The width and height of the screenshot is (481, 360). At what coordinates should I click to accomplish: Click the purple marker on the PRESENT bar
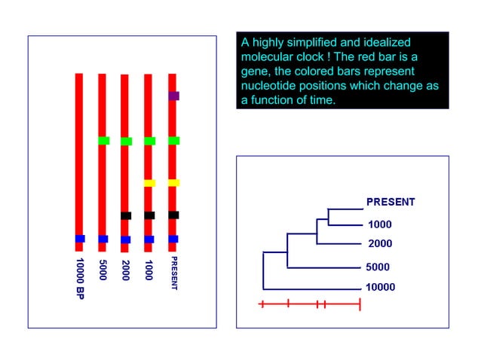[x=173, y=96]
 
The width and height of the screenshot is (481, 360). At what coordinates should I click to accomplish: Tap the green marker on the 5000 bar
[x=103, y=141]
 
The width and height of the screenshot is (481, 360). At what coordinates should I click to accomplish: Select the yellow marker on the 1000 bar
[x=149, y=183]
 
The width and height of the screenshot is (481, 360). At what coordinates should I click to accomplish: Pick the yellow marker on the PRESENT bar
[x=173, y=183]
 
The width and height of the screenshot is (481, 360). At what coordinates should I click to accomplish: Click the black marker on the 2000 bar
[x=126, y=215]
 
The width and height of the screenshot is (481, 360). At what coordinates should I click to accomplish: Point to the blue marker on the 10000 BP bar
[x=80, y=239]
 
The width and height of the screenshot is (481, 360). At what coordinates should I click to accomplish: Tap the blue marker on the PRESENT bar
[x=173, y=239]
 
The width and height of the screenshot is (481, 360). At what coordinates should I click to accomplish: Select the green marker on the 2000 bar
[x=126, y=142]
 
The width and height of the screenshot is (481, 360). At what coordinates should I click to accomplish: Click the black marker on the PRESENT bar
[x=173, y=215]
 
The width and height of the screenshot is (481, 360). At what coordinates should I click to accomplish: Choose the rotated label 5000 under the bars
[x=103, y=269]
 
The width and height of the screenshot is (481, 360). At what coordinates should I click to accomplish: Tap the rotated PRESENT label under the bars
[x=173, y=273]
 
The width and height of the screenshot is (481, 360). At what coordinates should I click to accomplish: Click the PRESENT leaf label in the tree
[x=391, y=202]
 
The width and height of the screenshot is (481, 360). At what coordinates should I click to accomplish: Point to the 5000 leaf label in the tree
[x=379, y=267]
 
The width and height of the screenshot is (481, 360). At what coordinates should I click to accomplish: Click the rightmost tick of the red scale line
[x=360, y=304]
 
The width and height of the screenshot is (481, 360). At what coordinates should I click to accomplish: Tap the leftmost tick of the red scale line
[x=261, y=304]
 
